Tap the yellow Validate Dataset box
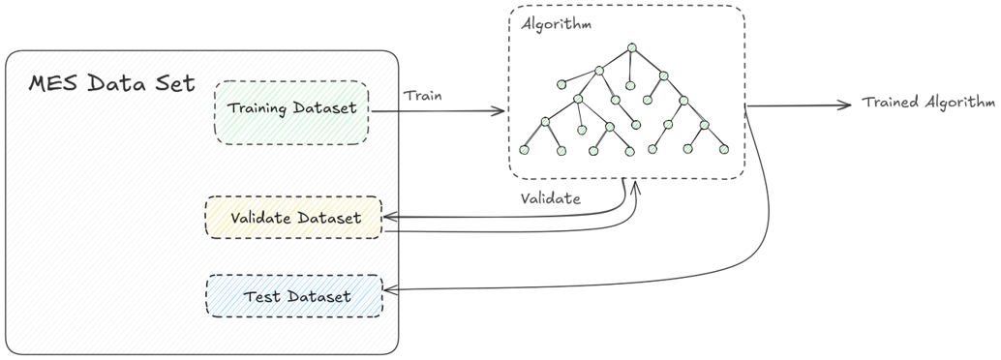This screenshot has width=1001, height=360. point(293,218)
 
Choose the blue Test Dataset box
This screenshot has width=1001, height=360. point(294,296)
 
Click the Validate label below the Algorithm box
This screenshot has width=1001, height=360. point(551,199)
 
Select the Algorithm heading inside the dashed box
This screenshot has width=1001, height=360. point(556,24)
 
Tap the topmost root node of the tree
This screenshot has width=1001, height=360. point(630,47)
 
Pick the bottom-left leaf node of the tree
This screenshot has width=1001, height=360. point(525,149)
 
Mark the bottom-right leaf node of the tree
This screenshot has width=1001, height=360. point(723,149)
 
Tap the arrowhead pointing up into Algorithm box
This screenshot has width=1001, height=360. point(637,184)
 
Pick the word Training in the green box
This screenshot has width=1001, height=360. point(258,107)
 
